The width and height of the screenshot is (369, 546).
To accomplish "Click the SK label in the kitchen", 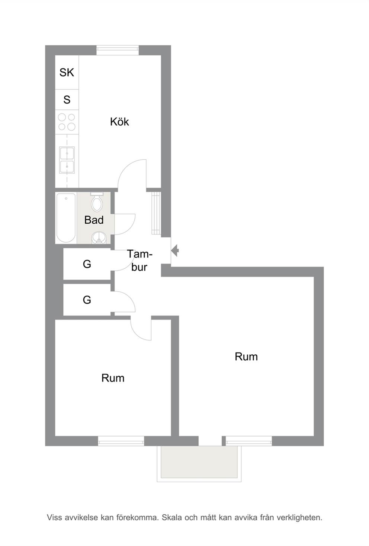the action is click(67, 73).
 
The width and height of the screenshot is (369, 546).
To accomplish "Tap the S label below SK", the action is click(67, 100).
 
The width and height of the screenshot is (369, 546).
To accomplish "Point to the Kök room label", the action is click(119, 122).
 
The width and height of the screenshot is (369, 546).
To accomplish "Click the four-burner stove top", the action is click(67, 122).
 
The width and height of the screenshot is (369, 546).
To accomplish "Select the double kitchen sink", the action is click(67, 160).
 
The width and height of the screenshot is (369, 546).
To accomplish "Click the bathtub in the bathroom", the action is click(66, 218).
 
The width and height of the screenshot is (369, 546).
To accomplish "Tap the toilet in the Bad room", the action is click(97, 202).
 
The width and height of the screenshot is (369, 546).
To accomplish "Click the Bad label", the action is click(94, 220).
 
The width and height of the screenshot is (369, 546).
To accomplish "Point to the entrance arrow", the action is click(175, 250).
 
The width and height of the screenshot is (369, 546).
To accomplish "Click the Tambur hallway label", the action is click(139, 261).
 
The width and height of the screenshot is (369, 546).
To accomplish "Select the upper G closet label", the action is click(87, 264).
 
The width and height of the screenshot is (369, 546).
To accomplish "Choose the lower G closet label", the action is click(87, 300).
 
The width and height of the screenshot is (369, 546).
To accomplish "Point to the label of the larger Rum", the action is click(246, 357).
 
